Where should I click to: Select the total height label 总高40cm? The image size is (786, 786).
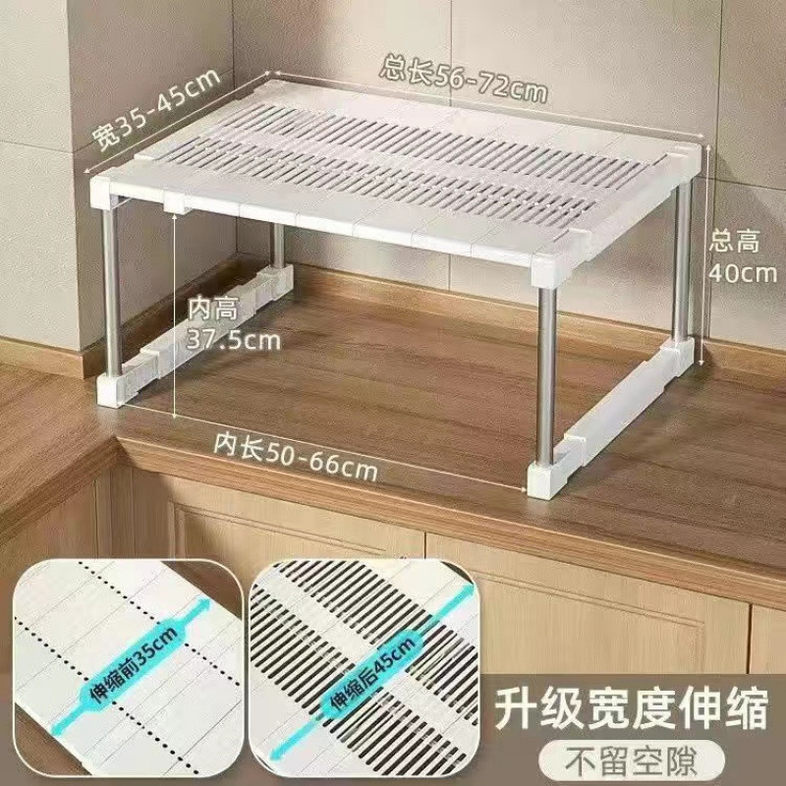[x=744, y=255]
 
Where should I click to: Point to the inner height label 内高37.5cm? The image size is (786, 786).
[x=233, y=325]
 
